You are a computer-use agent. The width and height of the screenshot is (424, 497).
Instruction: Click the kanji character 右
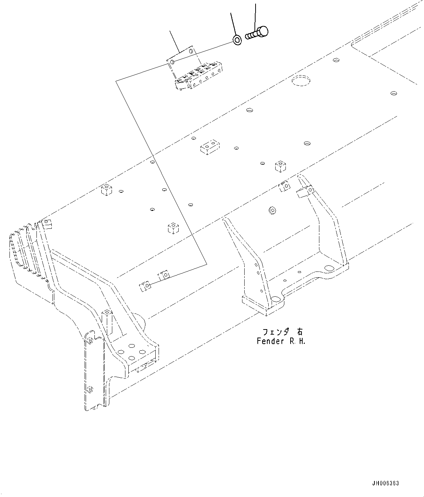tap(299, 332)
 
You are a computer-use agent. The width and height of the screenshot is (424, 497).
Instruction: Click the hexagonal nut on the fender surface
tap(272, 210)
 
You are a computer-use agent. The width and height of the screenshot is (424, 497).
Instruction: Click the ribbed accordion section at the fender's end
tap(22, 252)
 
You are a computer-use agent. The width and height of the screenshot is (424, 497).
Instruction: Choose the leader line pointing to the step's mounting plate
tap(175, 42)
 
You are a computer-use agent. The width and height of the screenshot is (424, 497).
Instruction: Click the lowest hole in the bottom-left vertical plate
tap(91, 388)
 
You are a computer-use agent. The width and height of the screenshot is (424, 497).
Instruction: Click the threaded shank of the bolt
tap(251, 35)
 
